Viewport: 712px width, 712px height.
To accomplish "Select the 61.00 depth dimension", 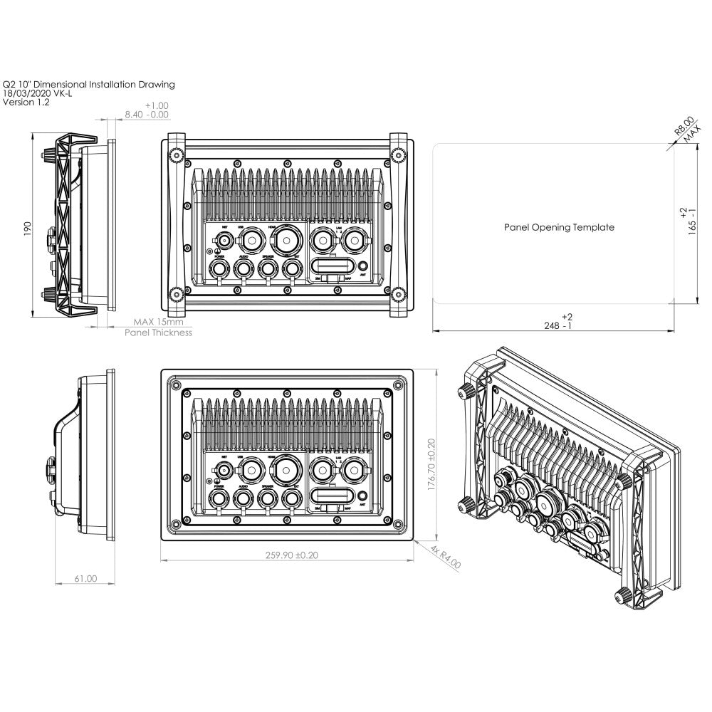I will tap(85, 579).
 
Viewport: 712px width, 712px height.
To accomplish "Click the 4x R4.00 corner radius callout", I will tap(446, 556).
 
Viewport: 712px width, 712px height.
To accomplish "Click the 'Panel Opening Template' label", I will tap(559, 228).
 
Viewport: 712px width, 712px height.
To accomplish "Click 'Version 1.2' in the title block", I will tap(26, 103).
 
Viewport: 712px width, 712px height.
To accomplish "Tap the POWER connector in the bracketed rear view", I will tap(219, 268).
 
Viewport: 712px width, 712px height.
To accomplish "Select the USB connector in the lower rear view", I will tap(251, 470).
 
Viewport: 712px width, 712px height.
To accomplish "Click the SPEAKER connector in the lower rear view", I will tap(268, 496).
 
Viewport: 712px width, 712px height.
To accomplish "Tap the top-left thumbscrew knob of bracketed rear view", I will tap(174, 155).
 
